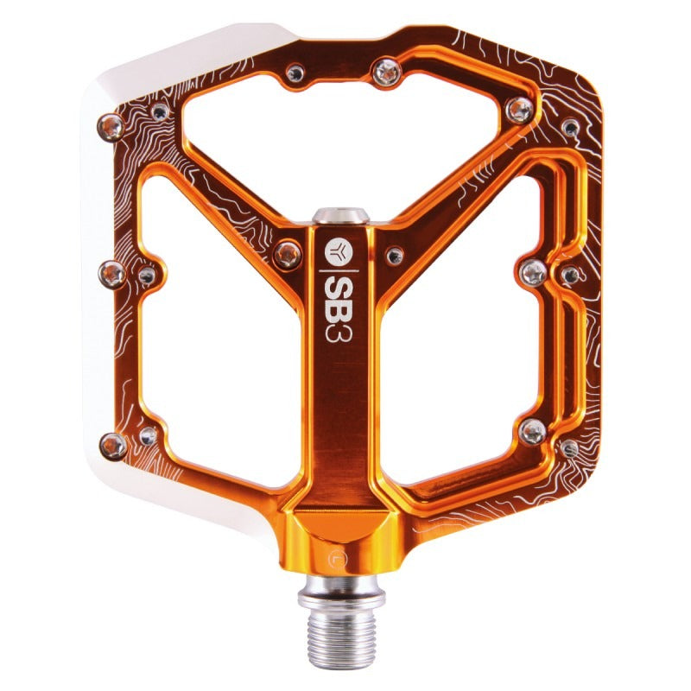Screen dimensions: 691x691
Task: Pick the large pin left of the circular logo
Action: [x=287, y=254]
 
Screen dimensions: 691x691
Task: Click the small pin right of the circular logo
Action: [x=394, y=255]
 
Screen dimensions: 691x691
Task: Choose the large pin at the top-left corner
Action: [x=111, y=126]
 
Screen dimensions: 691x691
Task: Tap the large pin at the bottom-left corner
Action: [x=113, y=446]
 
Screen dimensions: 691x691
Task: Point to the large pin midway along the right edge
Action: [x=534, y=273]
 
